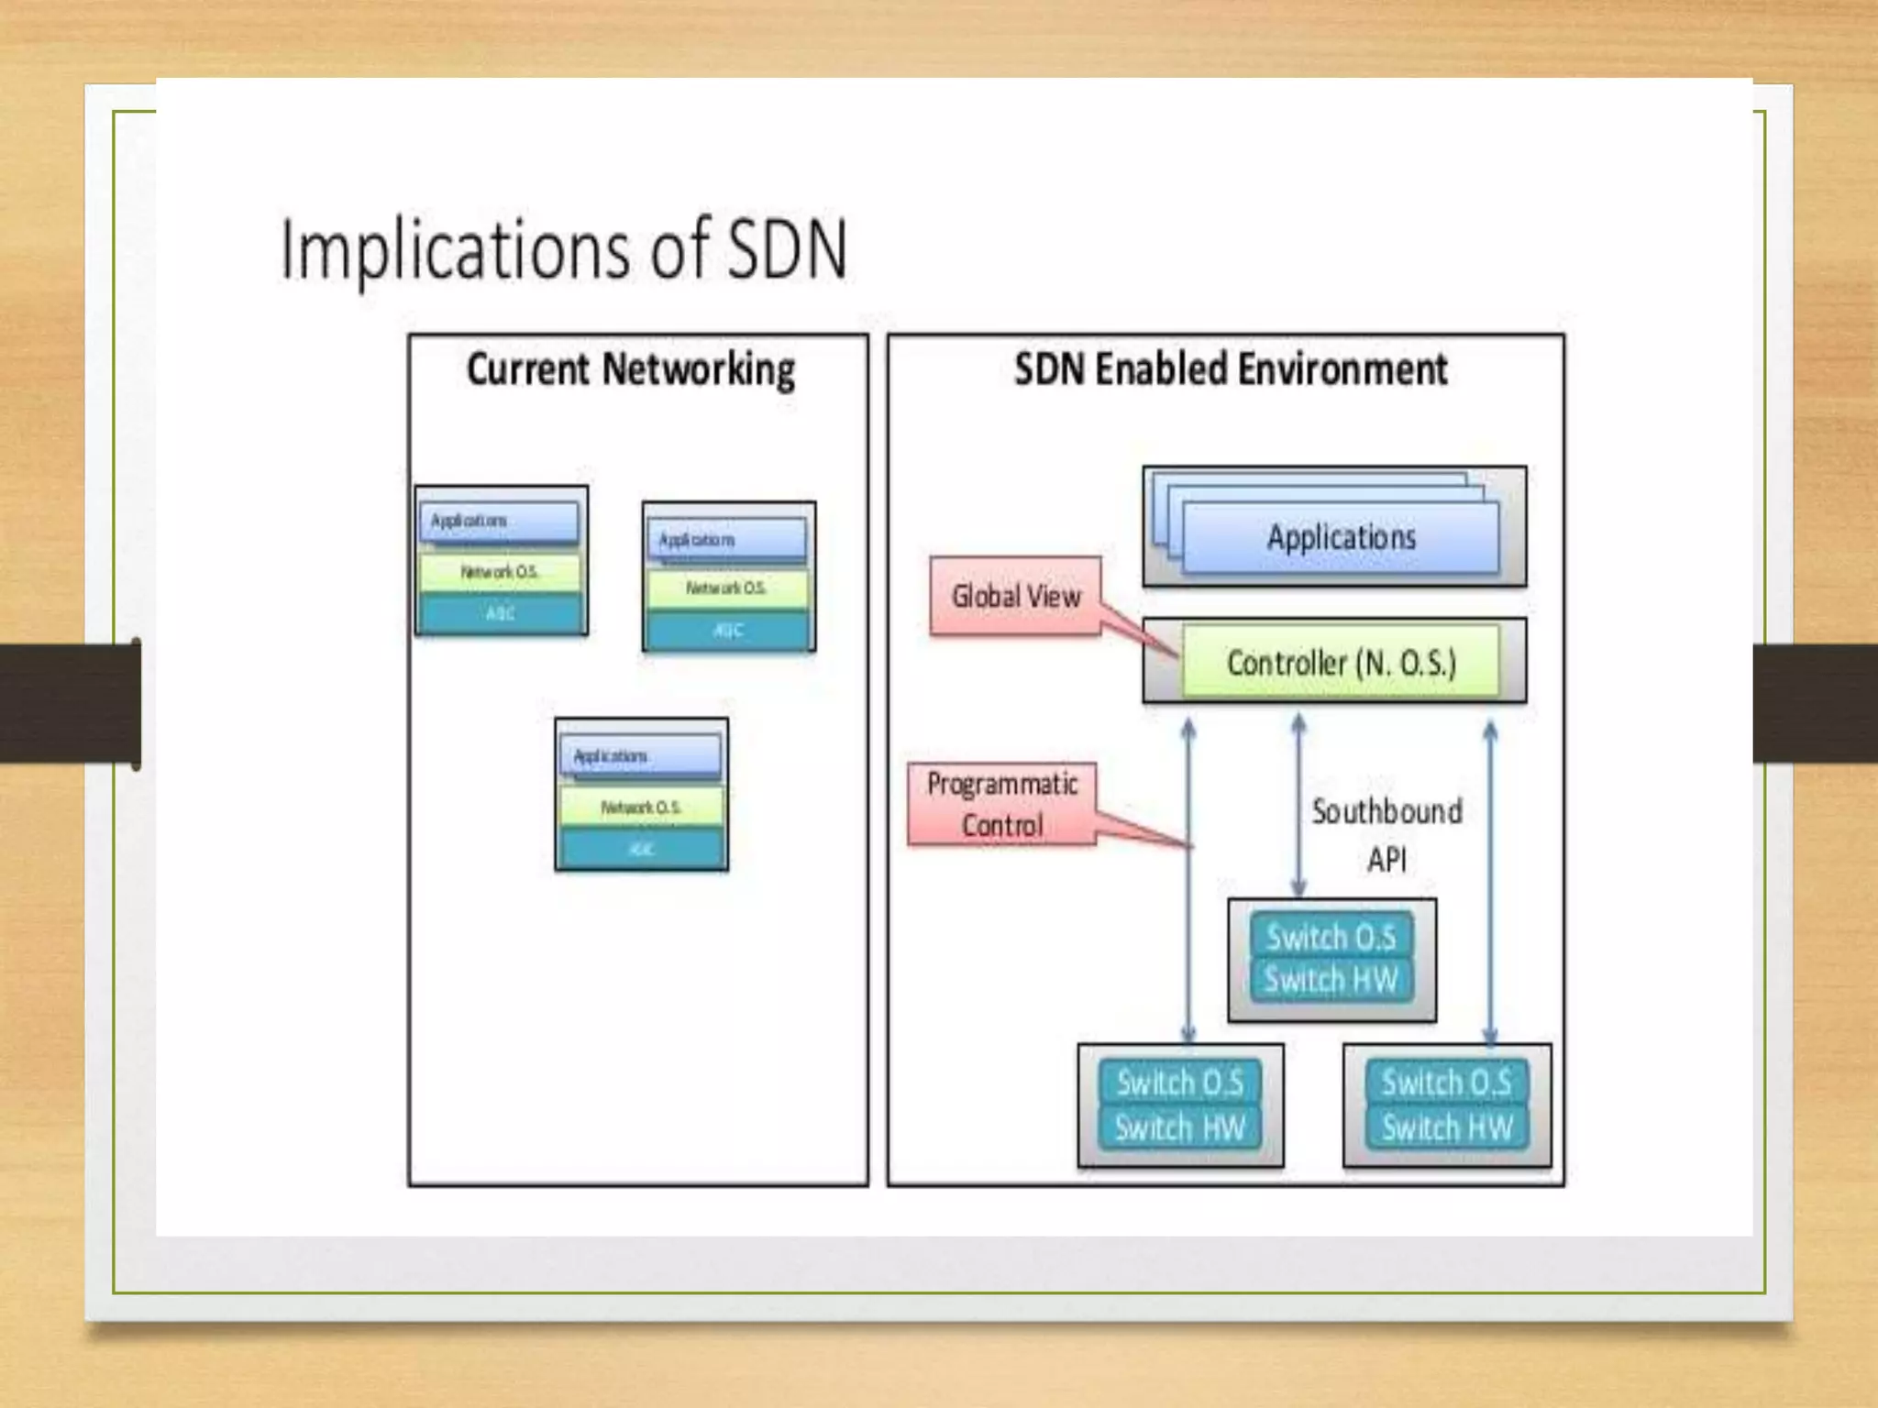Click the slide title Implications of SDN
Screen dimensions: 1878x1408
click(x=563, y=249)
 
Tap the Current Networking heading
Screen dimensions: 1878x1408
click(x=631, y=369)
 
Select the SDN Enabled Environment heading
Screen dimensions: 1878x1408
click(x=1231, y=369)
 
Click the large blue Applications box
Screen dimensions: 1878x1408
click(x=1341, y=537)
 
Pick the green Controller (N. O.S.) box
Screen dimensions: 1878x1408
click(x=1341, y=662)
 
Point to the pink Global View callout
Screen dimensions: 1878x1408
click(x=1015, y=596)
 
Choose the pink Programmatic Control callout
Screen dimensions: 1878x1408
click(x=1001, y=804)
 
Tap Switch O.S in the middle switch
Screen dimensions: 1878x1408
click(x=1331, y=937)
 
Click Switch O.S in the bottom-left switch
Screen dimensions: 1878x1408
click(x=1180, y=1083)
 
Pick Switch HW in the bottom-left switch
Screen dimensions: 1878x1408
click(x=1180, y=1127)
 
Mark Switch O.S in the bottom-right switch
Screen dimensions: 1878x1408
click(x=1446, y=1083)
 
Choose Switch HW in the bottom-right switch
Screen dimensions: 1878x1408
click(x=1446, y=1127)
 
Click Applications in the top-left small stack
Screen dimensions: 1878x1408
click(x=499, y=521)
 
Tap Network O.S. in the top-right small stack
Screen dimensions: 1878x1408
click(x=727, y=588)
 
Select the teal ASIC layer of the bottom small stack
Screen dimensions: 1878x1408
click(x=641, y=849)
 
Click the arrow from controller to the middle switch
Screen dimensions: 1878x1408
click(x=1298, y=807)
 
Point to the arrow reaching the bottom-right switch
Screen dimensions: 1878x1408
click(x=1490, y=880)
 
